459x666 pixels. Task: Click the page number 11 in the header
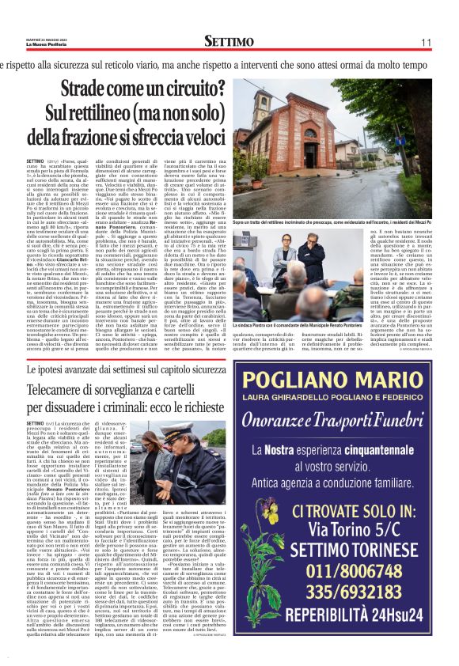coord(425,41)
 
